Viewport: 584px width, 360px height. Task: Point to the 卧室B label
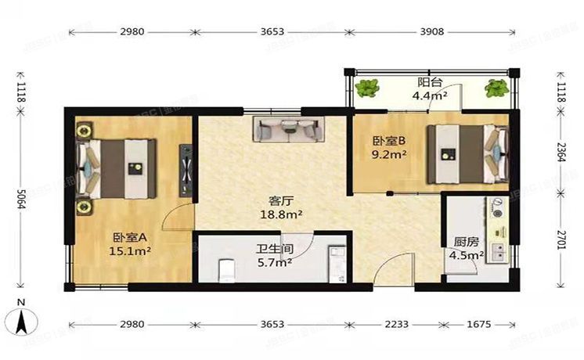tap(389, 141)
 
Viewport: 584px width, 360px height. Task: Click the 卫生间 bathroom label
tap(273, 250)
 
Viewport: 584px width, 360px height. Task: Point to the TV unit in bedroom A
tap(186, 169)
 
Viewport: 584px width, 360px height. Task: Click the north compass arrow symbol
tap(23, 319)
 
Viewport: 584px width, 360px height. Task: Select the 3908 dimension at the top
tap(427, 32)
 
